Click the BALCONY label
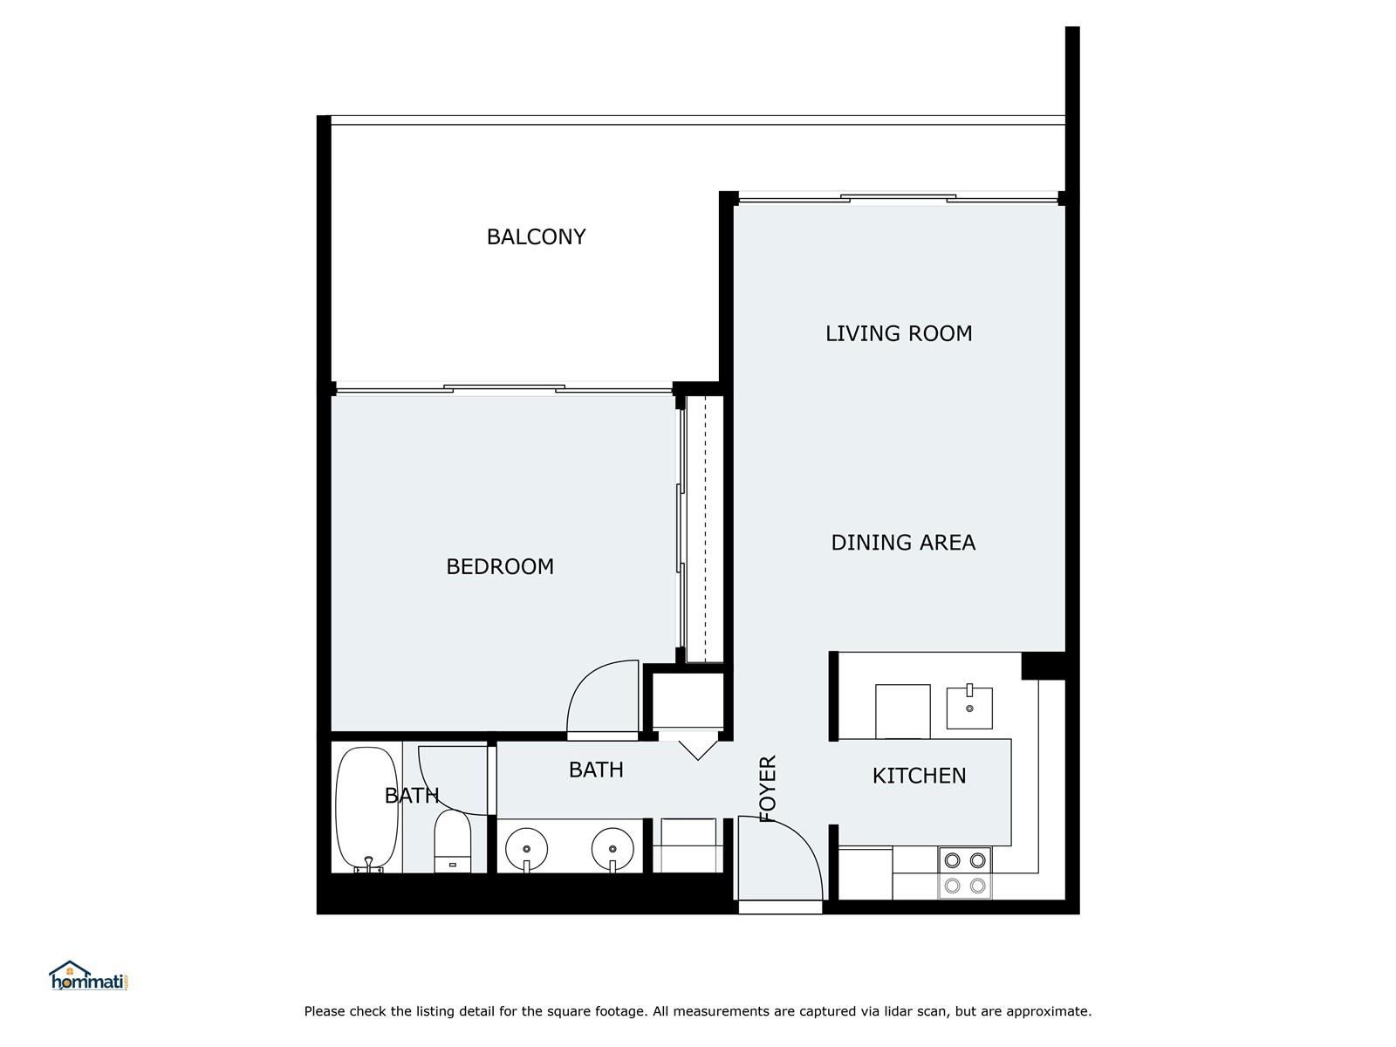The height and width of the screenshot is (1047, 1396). (x=536, y=237)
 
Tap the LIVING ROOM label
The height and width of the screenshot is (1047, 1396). (x=898, y=334)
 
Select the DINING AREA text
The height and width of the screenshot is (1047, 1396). (x=902, y=543)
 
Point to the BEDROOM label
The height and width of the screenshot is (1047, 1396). (x=500, y=567)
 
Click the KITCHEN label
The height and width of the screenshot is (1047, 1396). (x=919, y=777)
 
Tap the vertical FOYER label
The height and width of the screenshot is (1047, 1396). (x=769, y=789)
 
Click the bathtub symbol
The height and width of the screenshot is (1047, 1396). (x=367, y=810)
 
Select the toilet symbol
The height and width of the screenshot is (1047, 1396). (x=452, y=841)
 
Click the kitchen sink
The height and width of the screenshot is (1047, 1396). (x=969, y=707)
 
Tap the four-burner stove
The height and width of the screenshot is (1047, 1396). (x=965, y=872)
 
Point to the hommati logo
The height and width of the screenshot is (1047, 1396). (x=89, y=975)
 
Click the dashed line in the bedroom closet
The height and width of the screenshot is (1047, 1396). (x=705, y=529)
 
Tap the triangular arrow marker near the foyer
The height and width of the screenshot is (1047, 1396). (x=698, y=750)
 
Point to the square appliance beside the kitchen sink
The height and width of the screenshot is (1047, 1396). (x=902, y=711)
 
